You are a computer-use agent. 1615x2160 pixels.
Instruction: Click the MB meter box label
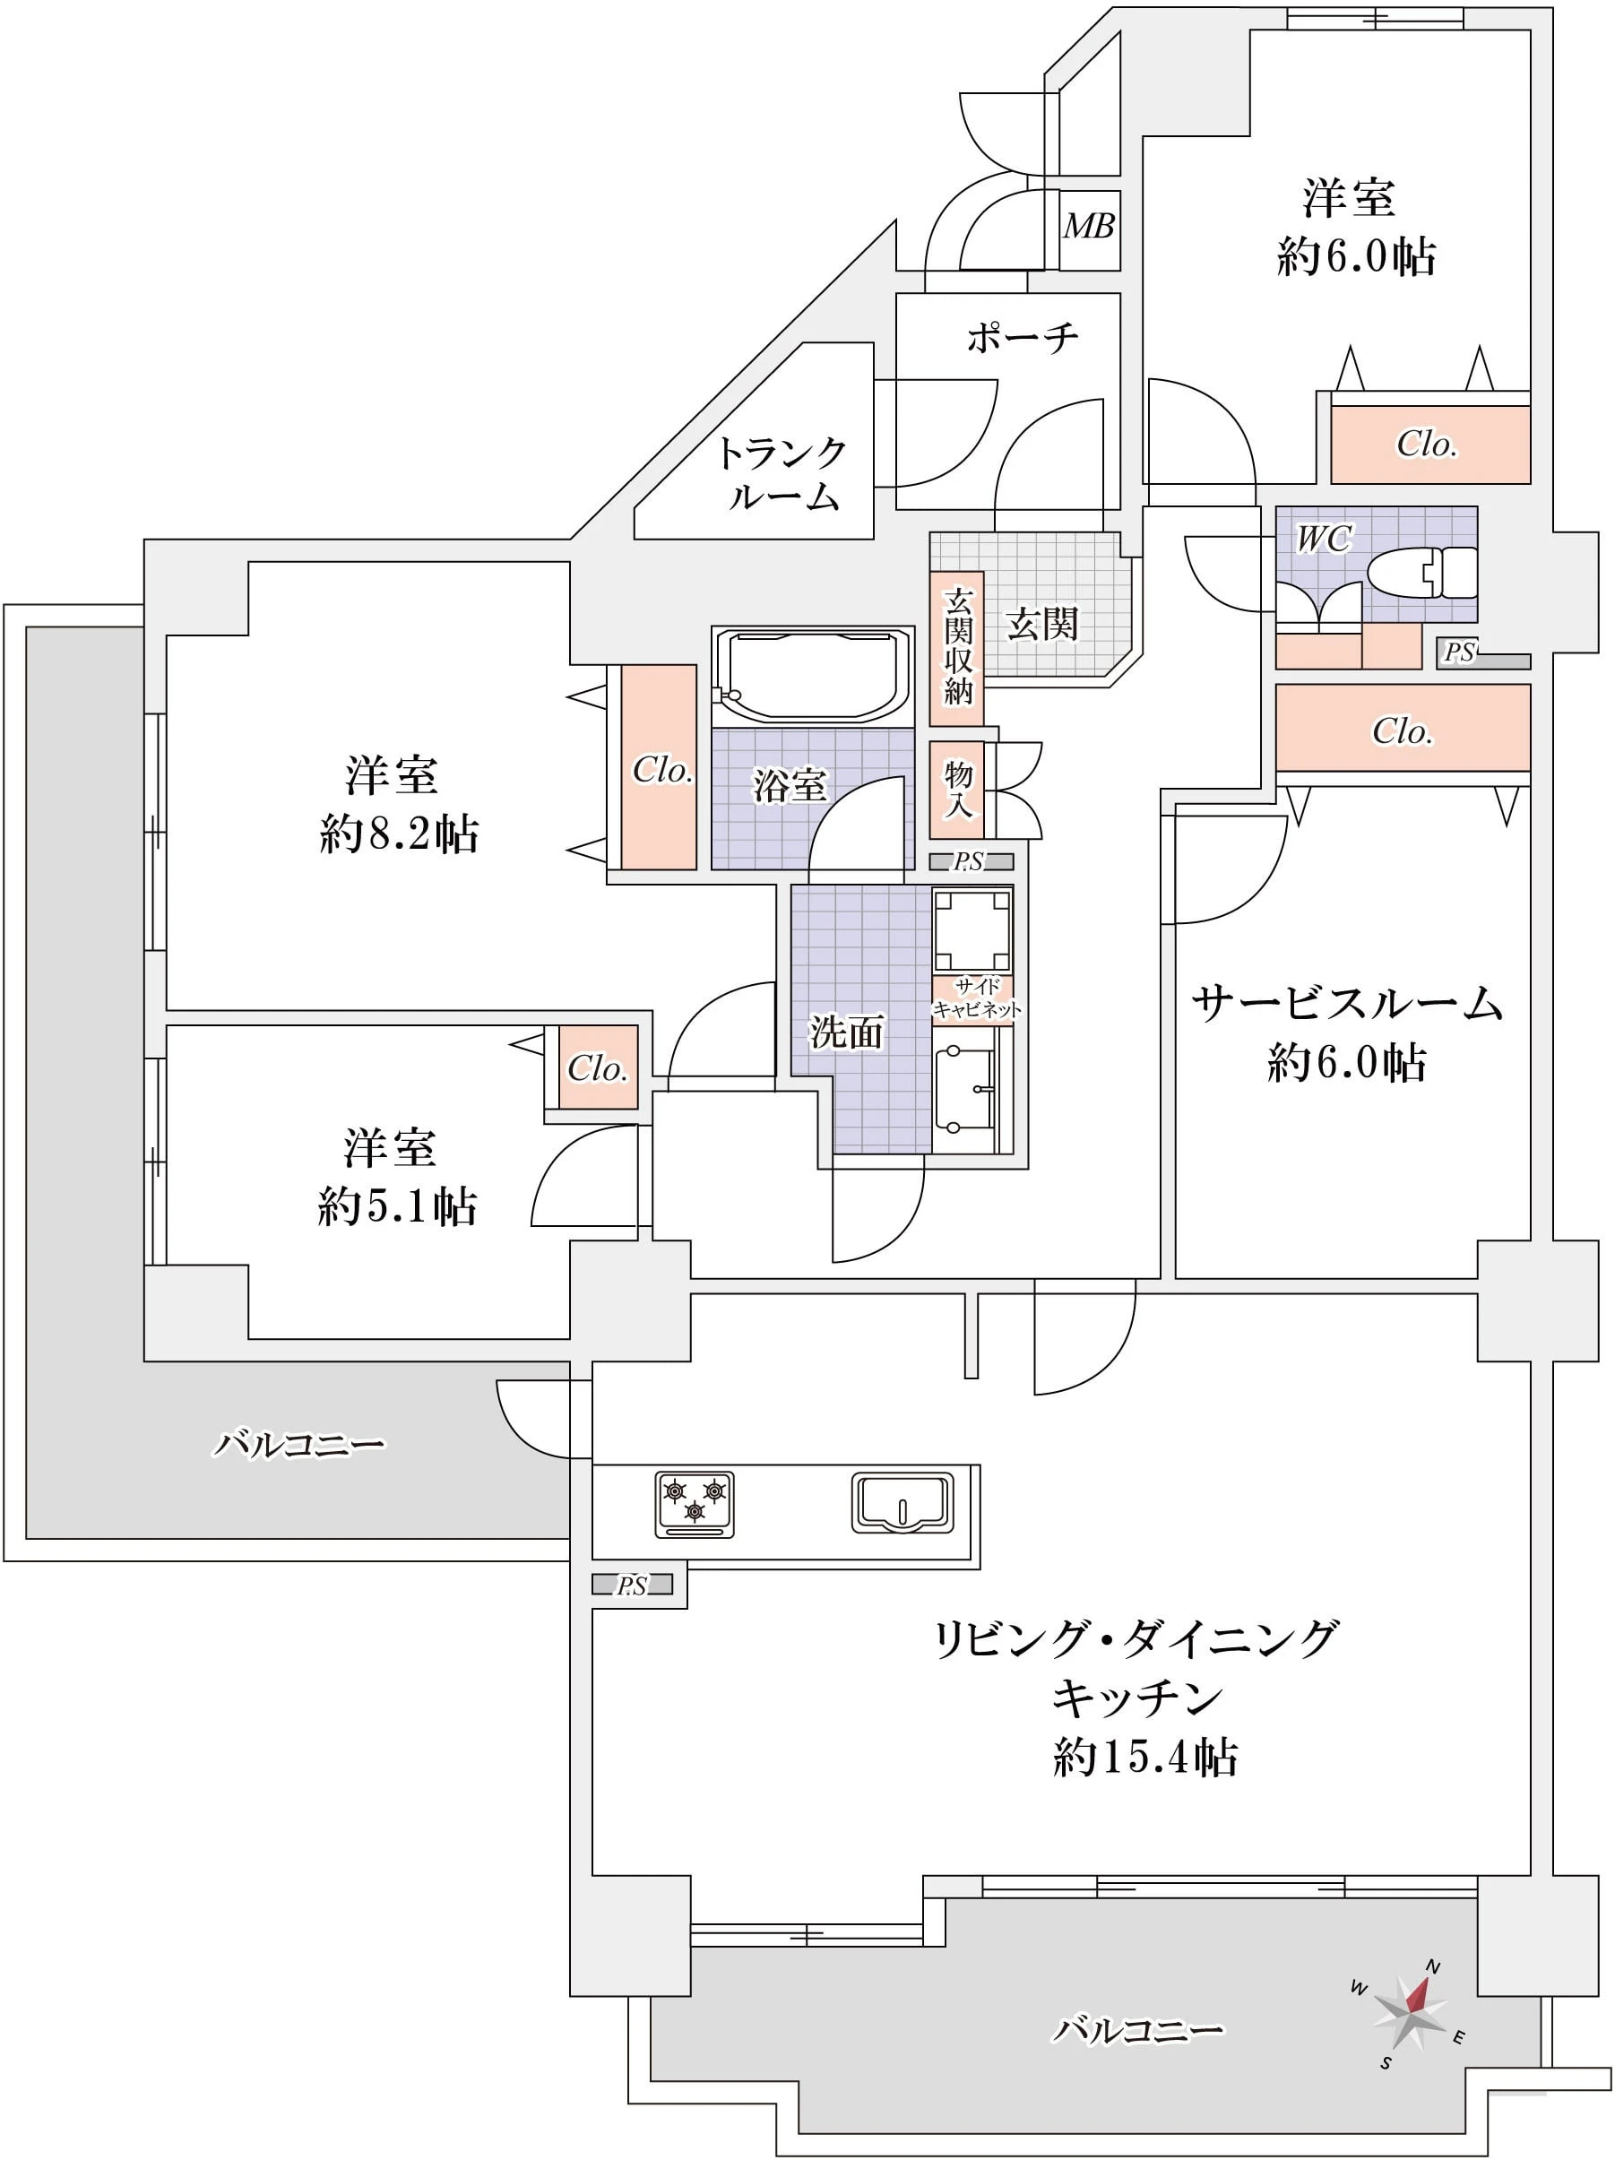(1088, 227)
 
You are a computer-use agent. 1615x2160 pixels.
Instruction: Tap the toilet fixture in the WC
(1421, 572)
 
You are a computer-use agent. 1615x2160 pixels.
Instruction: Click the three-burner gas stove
(695, 1505)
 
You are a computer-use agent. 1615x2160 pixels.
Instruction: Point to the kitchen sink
(902, 1503)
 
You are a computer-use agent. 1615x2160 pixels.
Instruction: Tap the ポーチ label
(1022, 338)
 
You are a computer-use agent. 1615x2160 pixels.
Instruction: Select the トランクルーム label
(782, 473)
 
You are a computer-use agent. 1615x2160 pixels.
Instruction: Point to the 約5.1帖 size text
(396, 1208)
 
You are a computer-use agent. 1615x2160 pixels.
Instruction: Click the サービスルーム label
(1345, 1004)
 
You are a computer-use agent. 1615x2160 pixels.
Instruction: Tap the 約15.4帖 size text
(1144, 1757)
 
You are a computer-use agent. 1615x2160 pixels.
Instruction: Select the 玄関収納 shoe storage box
(957, 648)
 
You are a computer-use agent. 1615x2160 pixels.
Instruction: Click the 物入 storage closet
(957, 790)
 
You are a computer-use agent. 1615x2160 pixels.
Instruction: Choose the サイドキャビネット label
(975, 998)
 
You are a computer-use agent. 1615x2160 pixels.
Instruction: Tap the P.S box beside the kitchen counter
(632, 1585)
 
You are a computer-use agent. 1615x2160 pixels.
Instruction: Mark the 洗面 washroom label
(847, 1032)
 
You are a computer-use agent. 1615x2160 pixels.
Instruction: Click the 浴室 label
(789, 785)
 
